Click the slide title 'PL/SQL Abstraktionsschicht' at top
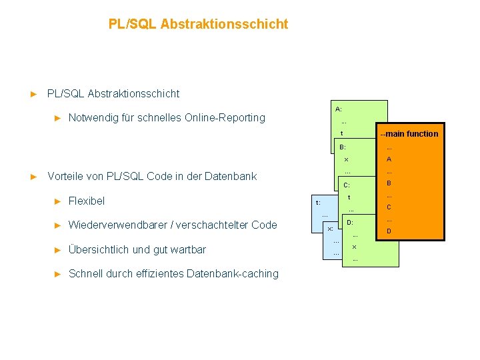pos(198,24)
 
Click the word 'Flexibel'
pos(87,201)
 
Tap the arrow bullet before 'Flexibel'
pos(57,201)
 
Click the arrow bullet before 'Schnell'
pos(57,273)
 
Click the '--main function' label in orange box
pos(409,133)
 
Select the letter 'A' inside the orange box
pos(389,159)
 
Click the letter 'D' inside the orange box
pos(389,231)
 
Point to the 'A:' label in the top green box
pos(339,108)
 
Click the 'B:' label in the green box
pos(343,147)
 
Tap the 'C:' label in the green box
pos(347,185)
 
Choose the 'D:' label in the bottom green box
pos(350,221)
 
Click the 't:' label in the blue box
pos(318,202)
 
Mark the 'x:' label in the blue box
pos(330,229)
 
